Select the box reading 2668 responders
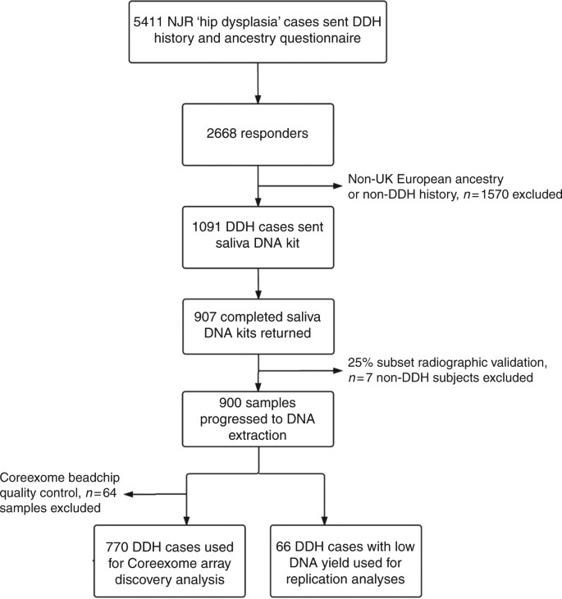click(258, 135)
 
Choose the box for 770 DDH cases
click(187, 560)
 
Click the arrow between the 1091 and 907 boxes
click(258, 281)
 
